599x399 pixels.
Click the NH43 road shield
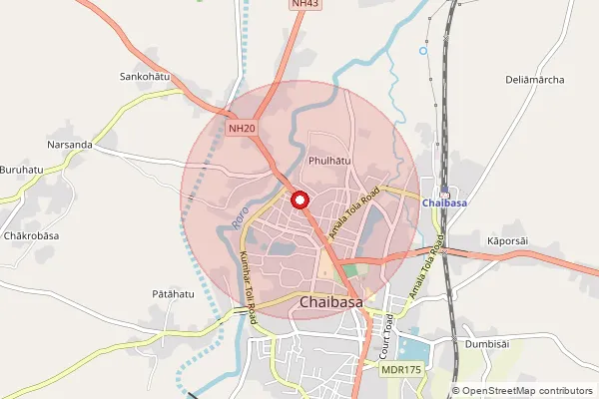(x=306, y=5)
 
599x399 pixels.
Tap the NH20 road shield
(x=241, y=128)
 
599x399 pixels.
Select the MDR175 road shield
(x=400, y=370)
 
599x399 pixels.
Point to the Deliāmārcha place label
(x=535, y=79)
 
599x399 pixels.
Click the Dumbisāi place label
(x=487, y=344)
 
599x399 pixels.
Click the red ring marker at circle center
(x=299, y=200)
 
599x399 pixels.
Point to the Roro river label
(x=238, y=213)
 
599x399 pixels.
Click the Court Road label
(x=386, y=339)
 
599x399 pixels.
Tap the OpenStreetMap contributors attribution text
(x=525, y=390)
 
